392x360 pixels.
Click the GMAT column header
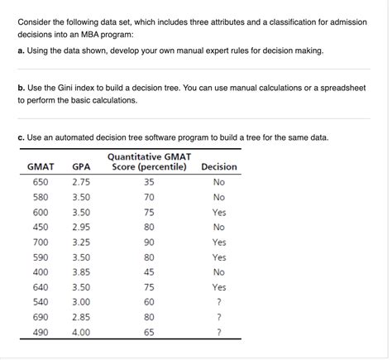[41, 166]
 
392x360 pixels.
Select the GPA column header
[81, 166]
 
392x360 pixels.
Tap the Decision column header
[218, 166]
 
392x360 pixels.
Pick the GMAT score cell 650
[41, 182]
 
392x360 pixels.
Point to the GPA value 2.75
[81, 182]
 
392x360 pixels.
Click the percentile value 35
[149, 182]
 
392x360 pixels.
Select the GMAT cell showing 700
[41, 242]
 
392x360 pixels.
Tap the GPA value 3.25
[81, 242]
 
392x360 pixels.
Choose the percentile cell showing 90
[149, 242]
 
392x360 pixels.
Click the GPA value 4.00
[81, 332]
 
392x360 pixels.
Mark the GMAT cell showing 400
[41, 271]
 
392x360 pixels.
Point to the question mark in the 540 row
[218, 302]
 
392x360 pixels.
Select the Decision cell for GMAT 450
[218, 227]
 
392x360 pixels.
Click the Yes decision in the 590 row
[218, 257]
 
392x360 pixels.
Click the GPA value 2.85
[81, 317]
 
